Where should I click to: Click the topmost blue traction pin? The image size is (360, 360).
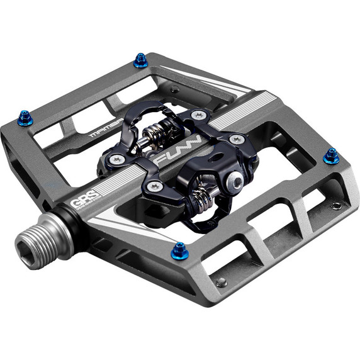point(141,60)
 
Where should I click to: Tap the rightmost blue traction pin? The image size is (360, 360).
point(331,157)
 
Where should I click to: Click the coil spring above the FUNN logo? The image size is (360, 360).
point(158,133)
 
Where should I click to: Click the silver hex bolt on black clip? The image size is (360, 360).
point(235,183)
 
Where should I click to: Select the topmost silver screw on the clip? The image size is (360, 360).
point(199,115)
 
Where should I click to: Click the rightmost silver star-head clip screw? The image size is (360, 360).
point(237,139)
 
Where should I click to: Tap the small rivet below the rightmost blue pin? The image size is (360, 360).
point(337,205)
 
